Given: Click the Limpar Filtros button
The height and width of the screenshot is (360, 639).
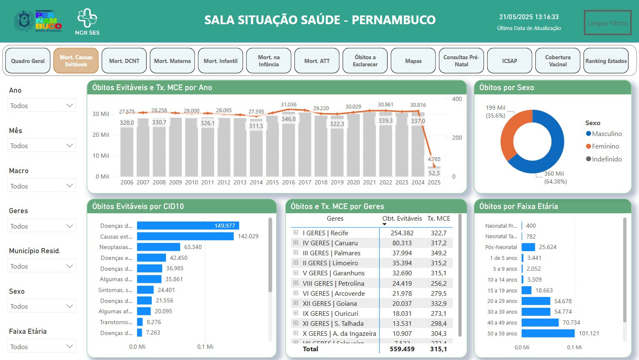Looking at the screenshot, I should (607, 23).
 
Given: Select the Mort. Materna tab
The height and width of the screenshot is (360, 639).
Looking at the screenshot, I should (172, 61).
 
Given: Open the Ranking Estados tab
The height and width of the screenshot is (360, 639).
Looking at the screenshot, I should (606, 61).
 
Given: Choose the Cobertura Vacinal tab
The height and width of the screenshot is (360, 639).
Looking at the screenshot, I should (558, 61).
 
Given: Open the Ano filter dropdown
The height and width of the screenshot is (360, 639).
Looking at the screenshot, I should (42, 106).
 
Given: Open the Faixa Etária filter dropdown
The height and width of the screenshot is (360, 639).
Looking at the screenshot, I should (42, 347).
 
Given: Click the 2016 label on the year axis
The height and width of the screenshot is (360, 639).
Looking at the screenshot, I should (288, 182).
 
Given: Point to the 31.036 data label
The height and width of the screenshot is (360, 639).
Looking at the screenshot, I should (288, 105).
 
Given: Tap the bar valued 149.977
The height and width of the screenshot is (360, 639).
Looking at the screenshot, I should (188, 226).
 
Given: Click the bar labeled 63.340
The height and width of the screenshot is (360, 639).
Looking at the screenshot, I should (158, 247).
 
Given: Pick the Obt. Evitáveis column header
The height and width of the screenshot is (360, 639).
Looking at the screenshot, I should (402, 219).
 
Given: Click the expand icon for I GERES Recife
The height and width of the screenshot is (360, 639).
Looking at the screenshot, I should (296, 233).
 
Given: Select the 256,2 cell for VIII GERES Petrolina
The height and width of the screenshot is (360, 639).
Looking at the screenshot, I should (439, 283).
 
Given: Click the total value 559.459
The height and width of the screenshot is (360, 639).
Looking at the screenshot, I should (402, 349).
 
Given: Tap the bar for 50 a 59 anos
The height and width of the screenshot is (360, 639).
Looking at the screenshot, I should (548, 333).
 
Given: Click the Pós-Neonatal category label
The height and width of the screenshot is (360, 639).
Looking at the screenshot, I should (501, 247).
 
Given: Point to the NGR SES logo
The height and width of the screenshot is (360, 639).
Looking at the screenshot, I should (87, 22).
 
